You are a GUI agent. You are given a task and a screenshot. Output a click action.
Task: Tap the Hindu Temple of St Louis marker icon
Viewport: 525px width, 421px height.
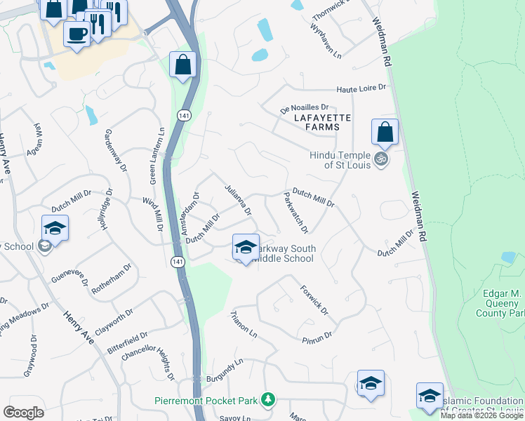[x=381, y=159]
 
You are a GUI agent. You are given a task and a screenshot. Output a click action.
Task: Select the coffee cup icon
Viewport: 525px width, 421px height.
[x=77, y=33]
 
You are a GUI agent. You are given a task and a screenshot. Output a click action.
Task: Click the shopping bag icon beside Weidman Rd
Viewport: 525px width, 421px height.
[x=385, y=131]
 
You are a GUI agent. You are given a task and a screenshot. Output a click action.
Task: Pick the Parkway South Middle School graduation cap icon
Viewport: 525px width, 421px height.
[x=245, y=247]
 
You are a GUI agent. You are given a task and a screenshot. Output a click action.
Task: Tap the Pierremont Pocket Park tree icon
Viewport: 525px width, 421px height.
[x=267, y=400]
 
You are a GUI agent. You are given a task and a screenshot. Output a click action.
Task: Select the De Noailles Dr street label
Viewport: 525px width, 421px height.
[x=305, y=107]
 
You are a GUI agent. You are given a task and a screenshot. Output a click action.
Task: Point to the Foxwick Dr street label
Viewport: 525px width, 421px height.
[x=314, y=299]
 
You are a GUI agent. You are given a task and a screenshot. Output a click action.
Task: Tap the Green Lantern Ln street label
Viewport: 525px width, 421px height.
[x=157, y=155]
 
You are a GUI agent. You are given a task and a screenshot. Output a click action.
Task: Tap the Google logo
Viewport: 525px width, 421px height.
[x=23, y=413]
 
